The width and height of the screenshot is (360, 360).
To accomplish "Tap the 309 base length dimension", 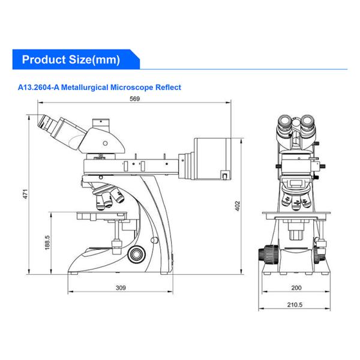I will click(121, 288).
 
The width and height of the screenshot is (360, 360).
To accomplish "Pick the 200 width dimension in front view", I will click(295, 288).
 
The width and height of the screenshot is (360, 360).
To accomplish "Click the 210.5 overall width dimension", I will click(295, 305).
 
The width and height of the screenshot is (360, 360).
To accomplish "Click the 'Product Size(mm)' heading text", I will click(71, 59).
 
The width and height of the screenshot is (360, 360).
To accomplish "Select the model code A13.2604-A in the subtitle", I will click(43, 88).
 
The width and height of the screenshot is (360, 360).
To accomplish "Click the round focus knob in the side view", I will click(138, 254).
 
